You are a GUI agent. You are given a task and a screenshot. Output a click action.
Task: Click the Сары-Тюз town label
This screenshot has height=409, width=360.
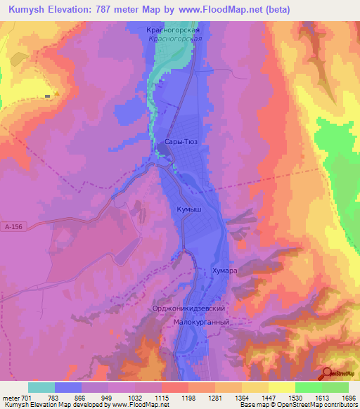[x=180, y=141]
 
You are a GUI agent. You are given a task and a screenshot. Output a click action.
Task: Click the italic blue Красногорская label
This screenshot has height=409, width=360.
[x=176, y=39]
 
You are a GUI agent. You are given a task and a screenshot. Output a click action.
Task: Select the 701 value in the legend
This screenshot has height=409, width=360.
[x=27, y=397]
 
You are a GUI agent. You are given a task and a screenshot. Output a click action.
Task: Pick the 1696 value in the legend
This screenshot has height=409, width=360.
[x=348, y=397]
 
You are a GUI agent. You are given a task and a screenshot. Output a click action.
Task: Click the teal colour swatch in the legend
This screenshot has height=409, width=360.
[x=41, y=387]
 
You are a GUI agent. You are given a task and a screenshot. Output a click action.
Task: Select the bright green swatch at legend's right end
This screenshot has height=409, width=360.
[x=335, y=387]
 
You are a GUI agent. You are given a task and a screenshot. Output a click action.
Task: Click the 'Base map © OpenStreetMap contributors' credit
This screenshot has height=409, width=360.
[x=298, y=405]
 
